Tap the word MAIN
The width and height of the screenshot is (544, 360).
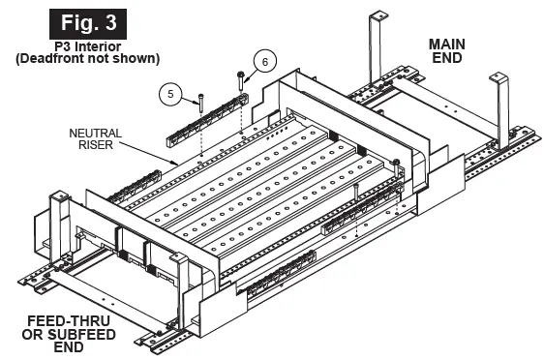[x=454, y=44]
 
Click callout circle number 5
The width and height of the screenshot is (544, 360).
[x=170, y=93]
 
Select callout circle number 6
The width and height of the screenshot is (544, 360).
[x=264, y=61]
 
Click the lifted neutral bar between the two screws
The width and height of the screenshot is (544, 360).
[x=208, y=126]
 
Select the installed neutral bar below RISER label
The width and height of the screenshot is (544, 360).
[x=136, y=183]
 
